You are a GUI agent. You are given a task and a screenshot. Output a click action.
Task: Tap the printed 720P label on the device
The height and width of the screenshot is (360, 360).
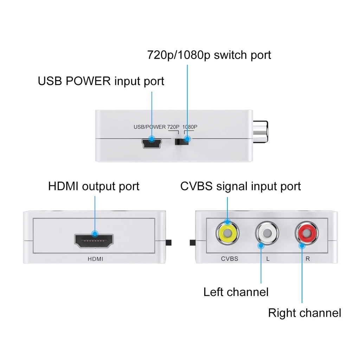pos(173,127)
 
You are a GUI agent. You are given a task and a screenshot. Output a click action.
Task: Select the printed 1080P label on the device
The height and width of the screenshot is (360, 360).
pos(189,127)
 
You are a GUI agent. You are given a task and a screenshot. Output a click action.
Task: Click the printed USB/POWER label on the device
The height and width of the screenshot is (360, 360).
pos(149,127)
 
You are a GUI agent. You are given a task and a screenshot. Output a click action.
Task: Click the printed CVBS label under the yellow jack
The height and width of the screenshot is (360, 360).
pos(230,259)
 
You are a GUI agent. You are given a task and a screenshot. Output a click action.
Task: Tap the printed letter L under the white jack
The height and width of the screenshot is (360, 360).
pos(268,259)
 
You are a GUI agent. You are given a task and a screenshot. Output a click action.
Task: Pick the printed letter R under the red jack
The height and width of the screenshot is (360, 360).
pos(308,259)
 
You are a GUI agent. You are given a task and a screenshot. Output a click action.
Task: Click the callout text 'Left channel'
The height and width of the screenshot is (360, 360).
pos(236,292)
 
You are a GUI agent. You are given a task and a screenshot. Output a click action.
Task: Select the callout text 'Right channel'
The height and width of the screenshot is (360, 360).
pos(304,313)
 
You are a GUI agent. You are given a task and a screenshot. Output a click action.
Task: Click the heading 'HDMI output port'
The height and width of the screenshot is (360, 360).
pos(94,186)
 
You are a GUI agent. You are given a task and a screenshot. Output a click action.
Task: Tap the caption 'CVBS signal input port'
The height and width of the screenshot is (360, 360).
pos(240,186)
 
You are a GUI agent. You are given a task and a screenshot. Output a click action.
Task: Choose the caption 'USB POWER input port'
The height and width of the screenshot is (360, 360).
pos(101,81)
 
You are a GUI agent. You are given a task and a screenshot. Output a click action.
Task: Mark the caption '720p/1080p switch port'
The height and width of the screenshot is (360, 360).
pos(209,55)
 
